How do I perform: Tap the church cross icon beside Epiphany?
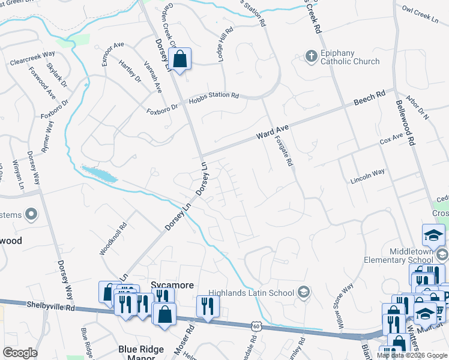point(311,57)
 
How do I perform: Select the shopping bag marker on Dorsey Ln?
point(179,59)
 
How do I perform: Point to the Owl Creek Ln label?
point(420,14)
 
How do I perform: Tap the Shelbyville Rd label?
point(50,305)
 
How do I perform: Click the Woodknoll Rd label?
point(113,239)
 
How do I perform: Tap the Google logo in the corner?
point(20,353)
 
